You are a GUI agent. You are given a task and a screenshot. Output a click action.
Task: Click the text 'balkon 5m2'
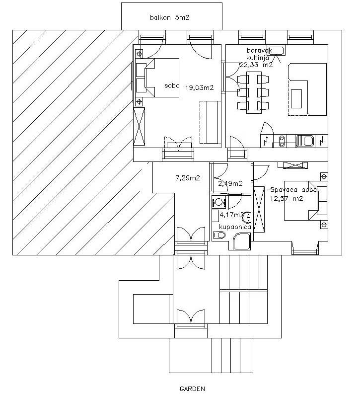tap(170, 18)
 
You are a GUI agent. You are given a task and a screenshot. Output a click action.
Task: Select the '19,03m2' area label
tap(199, 88)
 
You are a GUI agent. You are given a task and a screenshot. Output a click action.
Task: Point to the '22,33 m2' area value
tap(256, 65)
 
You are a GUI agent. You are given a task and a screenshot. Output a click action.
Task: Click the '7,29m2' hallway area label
tap(188, 177)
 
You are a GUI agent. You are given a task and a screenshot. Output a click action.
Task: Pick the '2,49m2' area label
tap(230, 183)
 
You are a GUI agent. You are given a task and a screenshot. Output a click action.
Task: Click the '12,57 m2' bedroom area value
tap(286, 198)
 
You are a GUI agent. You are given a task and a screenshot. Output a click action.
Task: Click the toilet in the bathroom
tap(219, 235)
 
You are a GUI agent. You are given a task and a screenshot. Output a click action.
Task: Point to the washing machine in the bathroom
tap(218, 202)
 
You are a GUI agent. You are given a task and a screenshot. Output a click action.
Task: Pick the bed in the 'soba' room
tap(158, 78)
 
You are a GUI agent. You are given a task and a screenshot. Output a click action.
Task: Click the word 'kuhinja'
tap(257, 57)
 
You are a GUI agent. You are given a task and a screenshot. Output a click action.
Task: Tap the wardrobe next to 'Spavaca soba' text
tap(259, 208)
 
